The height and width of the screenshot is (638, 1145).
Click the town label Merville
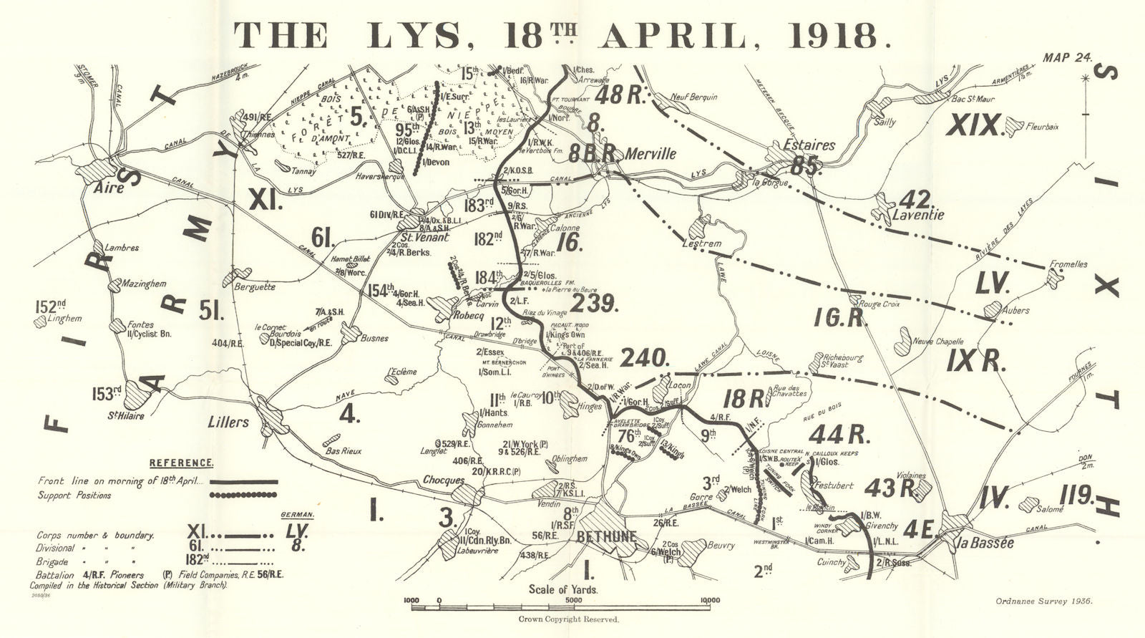(651, 154)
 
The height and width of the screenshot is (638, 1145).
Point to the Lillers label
(229, 422)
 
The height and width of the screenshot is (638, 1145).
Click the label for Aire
(109, 188)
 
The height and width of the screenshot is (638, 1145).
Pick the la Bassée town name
(985, 543)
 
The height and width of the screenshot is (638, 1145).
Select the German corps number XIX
(973, 126)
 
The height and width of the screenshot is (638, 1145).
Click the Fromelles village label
(1068, 264)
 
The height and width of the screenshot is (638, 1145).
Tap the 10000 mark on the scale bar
(710, 601)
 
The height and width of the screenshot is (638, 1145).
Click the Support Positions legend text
(74, 496)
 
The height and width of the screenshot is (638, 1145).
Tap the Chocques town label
(444, 480)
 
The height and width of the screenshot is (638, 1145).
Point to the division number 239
(594, 304)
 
